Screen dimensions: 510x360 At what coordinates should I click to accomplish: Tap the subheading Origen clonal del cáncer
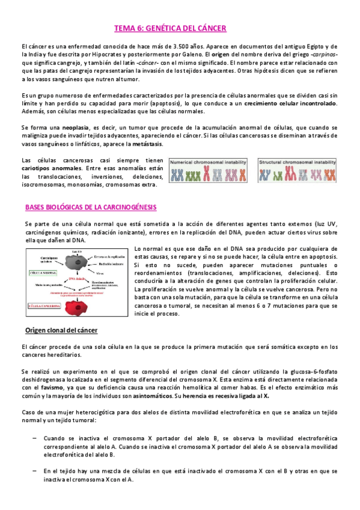pyautogui.click(x=61, y=330)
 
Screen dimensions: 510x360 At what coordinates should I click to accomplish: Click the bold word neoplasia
pyautogui.click(x=74, y=128)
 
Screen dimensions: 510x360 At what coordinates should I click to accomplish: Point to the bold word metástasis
pyautogui.click(x=145, y=145)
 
